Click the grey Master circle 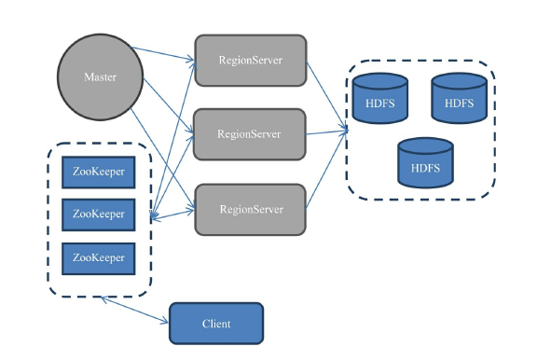pos(101,77)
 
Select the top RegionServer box pos(250,61)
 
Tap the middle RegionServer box pos(249,134)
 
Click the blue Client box pos(216,324)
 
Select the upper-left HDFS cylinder pos(380,100)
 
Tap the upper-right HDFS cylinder pos(460,100)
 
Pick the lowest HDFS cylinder pos(425,165)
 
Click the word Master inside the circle pos(101,77)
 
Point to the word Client pos(216,324)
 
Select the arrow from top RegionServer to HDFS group pos(325,92)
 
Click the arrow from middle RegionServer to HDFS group pos(326,132)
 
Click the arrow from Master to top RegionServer pos(164,55)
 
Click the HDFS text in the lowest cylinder pos(425,169)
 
